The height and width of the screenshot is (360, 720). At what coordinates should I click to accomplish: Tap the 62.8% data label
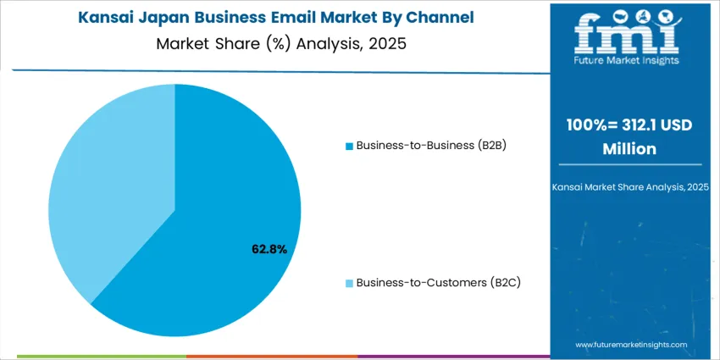click(x=269, y=249)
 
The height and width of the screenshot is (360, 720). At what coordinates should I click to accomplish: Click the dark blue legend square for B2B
click(x=349, y=146)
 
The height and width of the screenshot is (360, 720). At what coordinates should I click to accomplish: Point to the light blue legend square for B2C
click(x=349, y=283)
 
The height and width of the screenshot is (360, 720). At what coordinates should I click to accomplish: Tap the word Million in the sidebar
click(x=629, y=148)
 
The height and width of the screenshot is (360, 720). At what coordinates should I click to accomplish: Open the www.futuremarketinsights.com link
click(x=631, y=345)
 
